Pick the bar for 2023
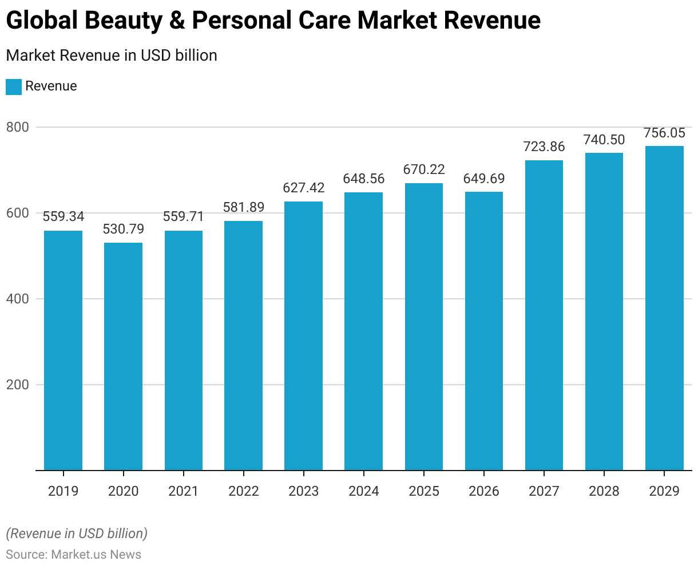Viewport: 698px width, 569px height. (x=303, y=335)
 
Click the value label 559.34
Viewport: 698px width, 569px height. (x=63, y=216)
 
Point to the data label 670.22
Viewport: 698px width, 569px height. (x=424, y=169)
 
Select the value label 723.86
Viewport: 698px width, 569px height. (x=544, y=147)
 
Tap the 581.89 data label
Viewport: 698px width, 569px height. (x=244, y=207)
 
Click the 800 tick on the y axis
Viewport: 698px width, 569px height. (x=17, y=127)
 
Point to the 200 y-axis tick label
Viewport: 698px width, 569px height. (x=17, y=385)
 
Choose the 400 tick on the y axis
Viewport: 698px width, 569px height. (x=17, y=299)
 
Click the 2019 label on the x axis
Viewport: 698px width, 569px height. (x=63, y=491)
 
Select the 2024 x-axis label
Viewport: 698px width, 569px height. (x=363, y=491)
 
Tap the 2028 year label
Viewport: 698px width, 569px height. (x=604, y=491)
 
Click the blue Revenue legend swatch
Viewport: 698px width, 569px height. (x=14, y=86)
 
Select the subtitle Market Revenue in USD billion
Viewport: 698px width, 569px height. (x=112, y=56)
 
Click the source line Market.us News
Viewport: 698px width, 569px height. (x=73, y=554)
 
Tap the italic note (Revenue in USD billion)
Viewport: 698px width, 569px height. (x=77, y=534)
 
